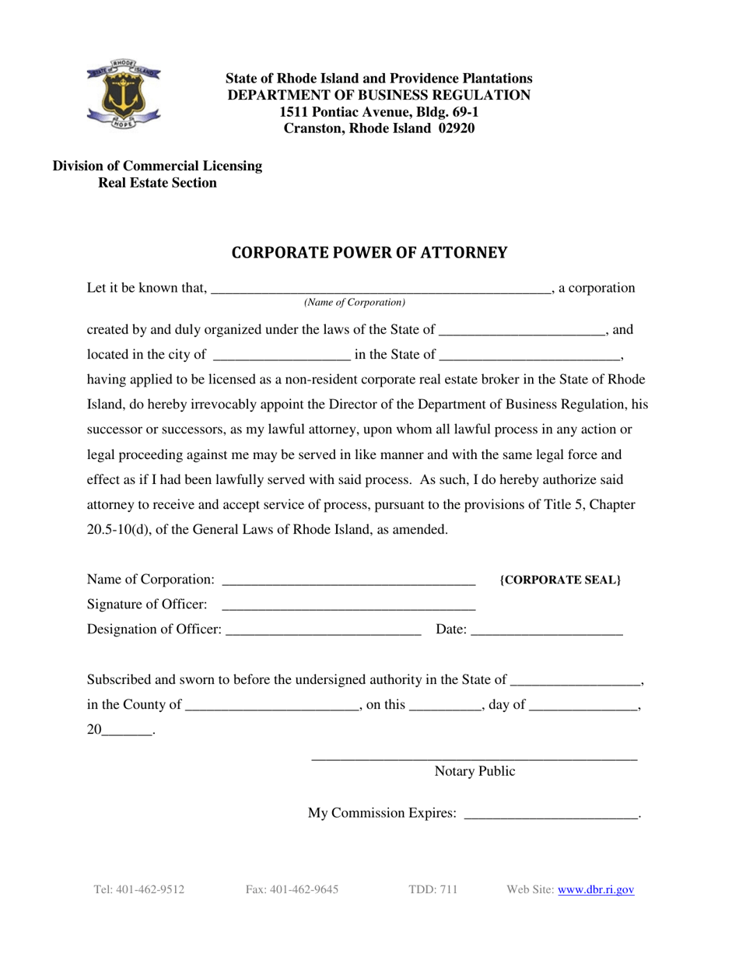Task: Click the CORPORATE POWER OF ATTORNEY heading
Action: point(369,252)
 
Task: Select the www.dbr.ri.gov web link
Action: point(596,889)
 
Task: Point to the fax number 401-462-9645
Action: point(292,889)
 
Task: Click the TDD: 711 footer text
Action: point(433,889)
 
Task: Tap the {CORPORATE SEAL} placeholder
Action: point(560,580)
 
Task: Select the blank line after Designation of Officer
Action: point(323,631)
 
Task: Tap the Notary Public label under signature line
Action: point(475,772)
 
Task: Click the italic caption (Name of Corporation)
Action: point(355,302)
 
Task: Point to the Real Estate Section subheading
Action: point(157,183)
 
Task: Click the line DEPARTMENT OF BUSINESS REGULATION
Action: point(379,95)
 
